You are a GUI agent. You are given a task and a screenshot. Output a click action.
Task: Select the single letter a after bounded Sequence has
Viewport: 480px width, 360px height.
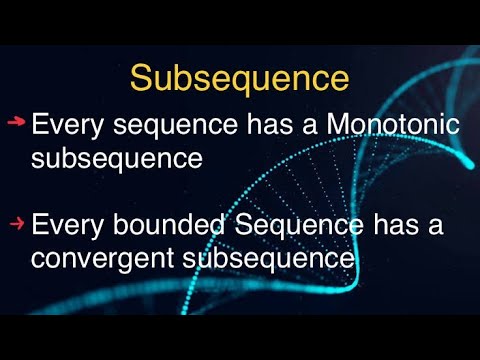pos(431,228)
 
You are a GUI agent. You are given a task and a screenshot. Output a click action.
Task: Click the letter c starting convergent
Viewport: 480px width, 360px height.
pos(38,259)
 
